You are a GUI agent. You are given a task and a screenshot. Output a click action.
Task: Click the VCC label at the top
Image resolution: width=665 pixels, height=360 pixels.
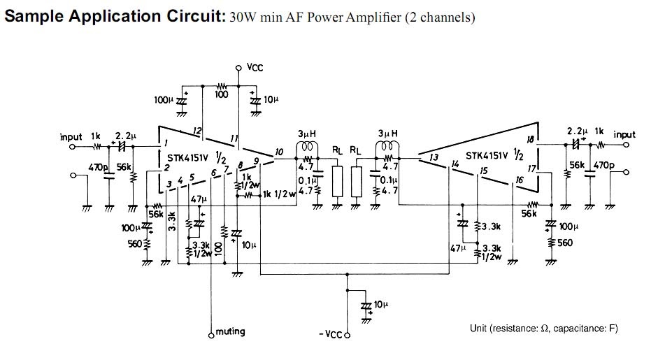point(255,68)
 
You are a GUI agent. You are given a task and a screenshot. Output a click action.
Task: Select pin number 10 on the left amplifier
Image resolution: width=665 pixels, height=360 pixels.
point(279,152)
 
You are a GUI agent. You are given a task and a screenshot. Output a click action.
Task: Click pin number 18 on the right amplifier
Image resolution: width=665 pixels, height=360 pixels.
point(530,140)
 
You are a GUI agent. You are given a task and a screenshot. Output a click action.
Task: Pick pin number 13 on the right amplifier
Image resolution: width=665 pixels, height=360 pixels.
point(434,158)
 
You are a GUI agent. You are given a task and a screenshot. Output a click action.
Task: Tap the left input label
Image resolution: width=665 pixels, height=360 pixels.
point(71,136)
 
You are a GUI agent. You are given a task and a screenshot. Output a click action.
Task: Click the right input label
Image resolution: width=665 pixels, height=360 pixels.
point(624,134)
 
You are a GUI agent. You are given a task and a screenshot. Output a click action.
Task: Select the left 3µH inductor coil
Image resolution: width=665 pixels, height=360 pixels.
point(306,147)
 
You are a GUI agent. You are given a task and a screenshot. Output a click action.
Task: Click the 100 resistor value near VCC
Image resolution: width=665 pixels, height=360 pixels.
point(222,94)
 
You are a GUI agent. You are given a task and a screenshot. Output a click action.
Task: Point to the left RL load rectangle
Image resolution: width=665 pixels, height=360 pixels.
point(338,180)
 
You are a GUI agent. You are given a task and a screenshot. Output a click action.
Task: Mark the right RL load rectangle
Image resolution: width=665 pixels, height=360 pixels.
point(357,180)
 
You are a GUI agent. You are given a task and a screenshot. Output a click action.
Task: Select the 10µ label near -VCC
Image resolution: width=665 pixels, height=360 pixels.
point(380,305)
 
